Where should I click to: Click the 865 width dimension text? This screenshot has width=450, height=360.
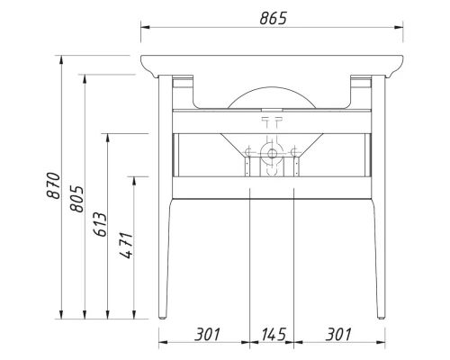[271, 19]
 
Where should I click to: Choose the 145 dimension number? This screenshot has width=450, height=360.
[273, 335]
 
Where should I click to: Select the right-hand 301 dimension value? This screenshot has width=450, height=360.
[337, 335]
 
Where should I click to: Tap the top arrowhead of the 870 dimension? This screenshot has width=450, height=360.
[60, 59]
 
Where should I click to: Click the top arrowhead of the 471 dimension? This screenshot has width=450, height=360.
[134, 179]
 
